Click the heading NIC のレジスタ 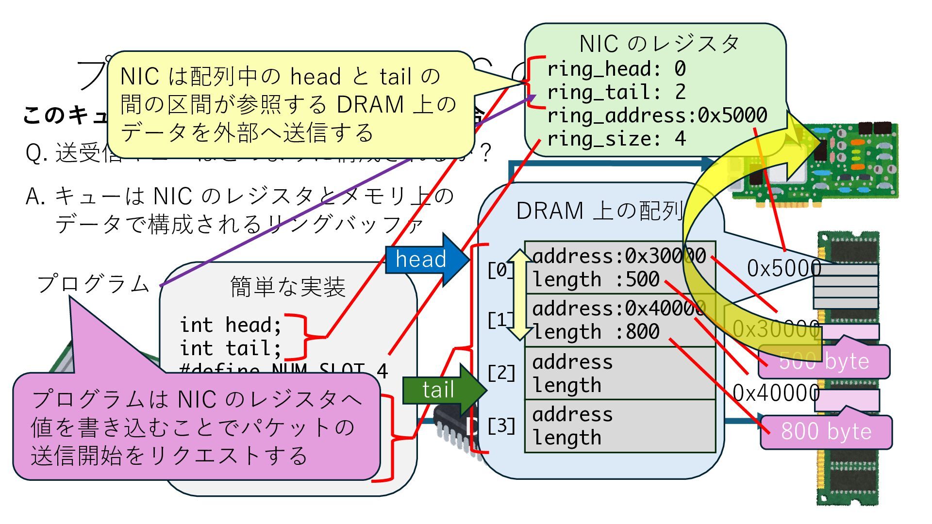coord(659,44)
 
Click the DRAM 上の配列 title coord(599,211)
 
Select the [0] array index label coord(500,270)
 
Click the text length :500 coord(596,279)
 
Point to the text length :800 coord(596,332)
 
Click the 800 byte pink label coord(826,431)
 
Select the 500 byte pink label coord(824,361)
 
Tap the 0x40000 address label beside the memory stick coord(776,393)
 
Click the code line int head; coord(231,325)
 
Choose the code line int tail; coord(231,348)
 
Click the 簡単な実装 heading coord(288,287)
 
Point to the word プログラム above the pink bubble coord(93,284)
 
